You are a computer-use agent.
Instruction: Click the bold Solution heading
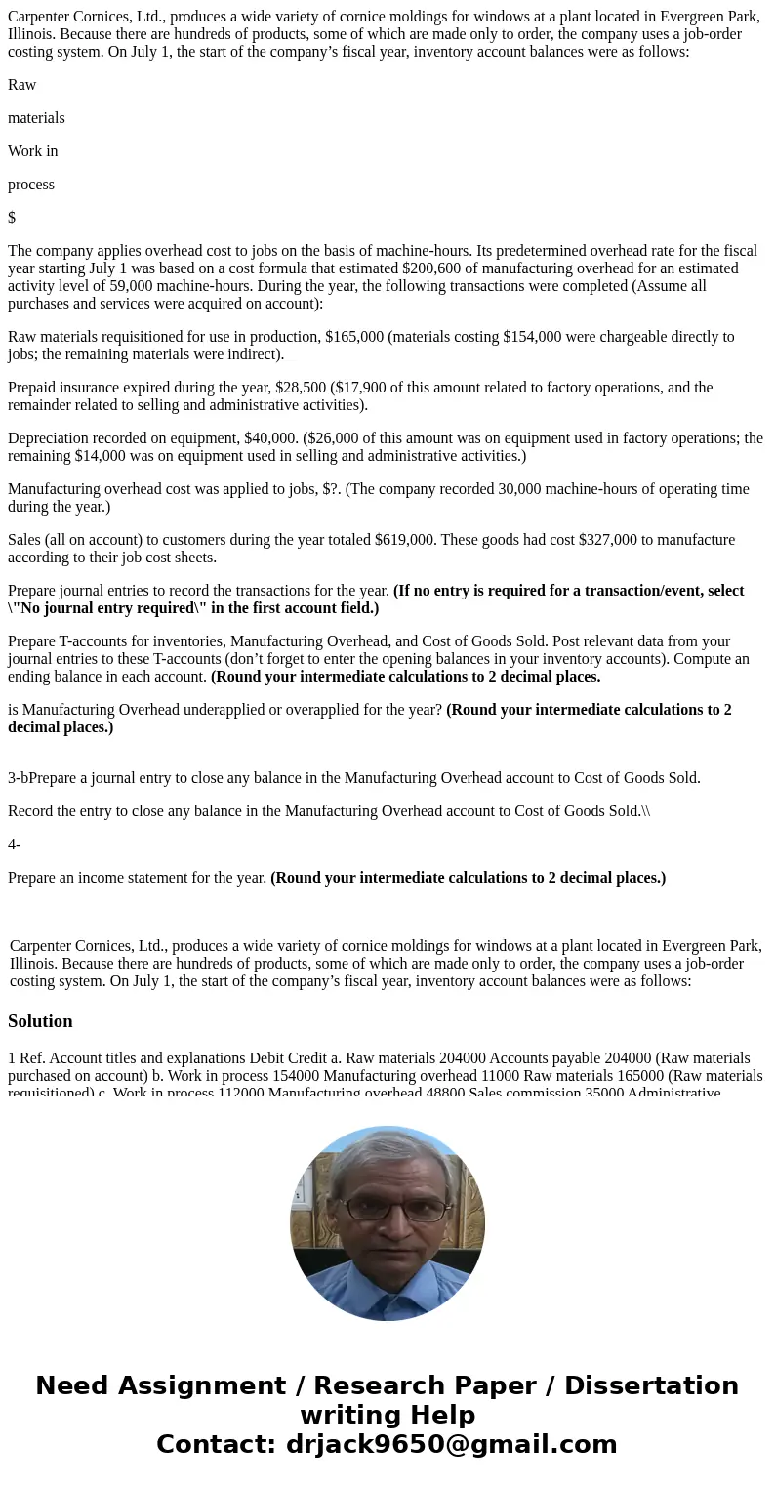(40, 1021)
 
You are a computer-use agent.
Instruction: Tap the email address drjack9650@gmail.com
(450, 1444)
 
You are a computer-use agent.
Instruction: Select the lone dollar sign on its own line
(12, 218)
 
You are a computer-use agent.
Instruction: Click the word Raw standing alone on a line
(21, 85)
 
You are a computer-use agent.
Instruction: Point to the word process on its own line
(31, 185)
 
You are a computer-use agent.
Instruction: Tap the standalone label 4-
(14, 845)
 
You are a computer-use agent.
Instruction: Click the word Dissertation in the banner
(651, 1385)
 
